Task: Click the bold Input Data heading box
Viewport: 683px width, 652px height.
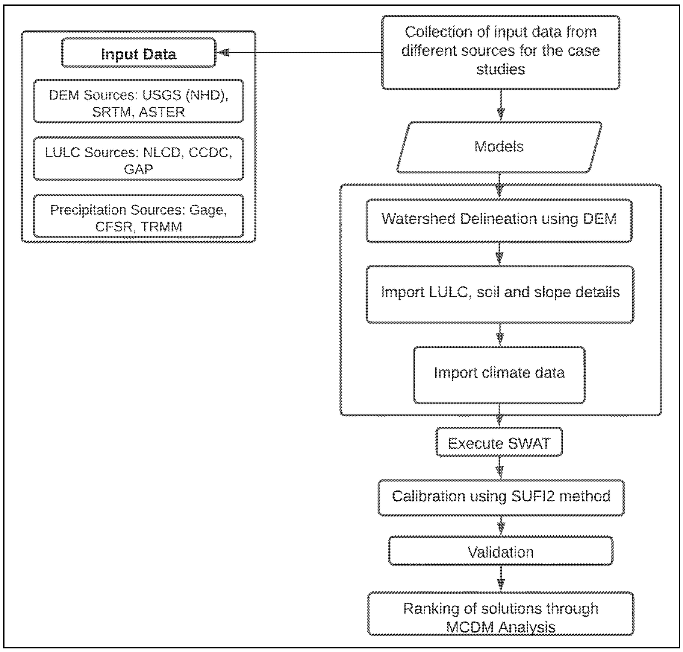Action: pyautogui.click(x=138, y=53)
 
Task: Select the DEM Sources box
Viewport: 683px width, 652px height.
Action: pyautogui.click(x=138, y=101)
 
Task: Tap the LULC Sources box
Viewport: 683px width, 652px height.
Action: pyautogui.click(x=138, y=159)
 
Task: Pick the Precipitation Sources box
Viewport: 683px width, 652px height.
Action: pyautogui.click(x=138, y=216)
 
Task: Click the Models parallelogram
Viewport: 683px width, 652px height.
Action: pyautogui.click(x=499, y=147)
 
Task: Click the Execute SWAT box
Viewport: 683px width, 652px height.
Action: pyautogui.click(x=499, y=442)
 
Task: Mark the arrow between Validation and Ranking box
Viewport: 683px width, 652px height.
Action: pyautogui.click(x=501, y=579)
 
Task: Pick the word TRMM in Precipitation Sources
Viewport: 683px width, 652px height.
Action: pyautogui.click(x=161, y=227)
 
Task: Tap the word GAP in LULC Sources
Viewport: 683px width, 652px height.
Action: pyautogui.click(x=138, y=169)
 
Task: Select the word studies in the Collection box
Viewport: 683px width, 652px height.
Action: pyautogui.click(x=501, y=69)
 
